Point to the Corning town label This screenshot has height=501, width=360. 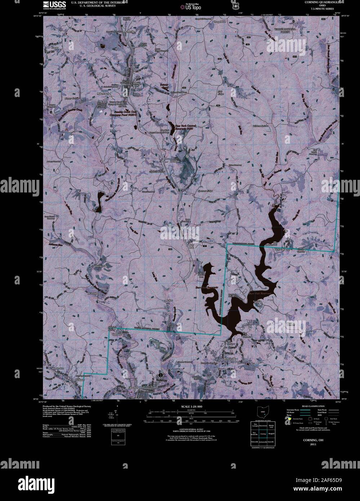[135, 83]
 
